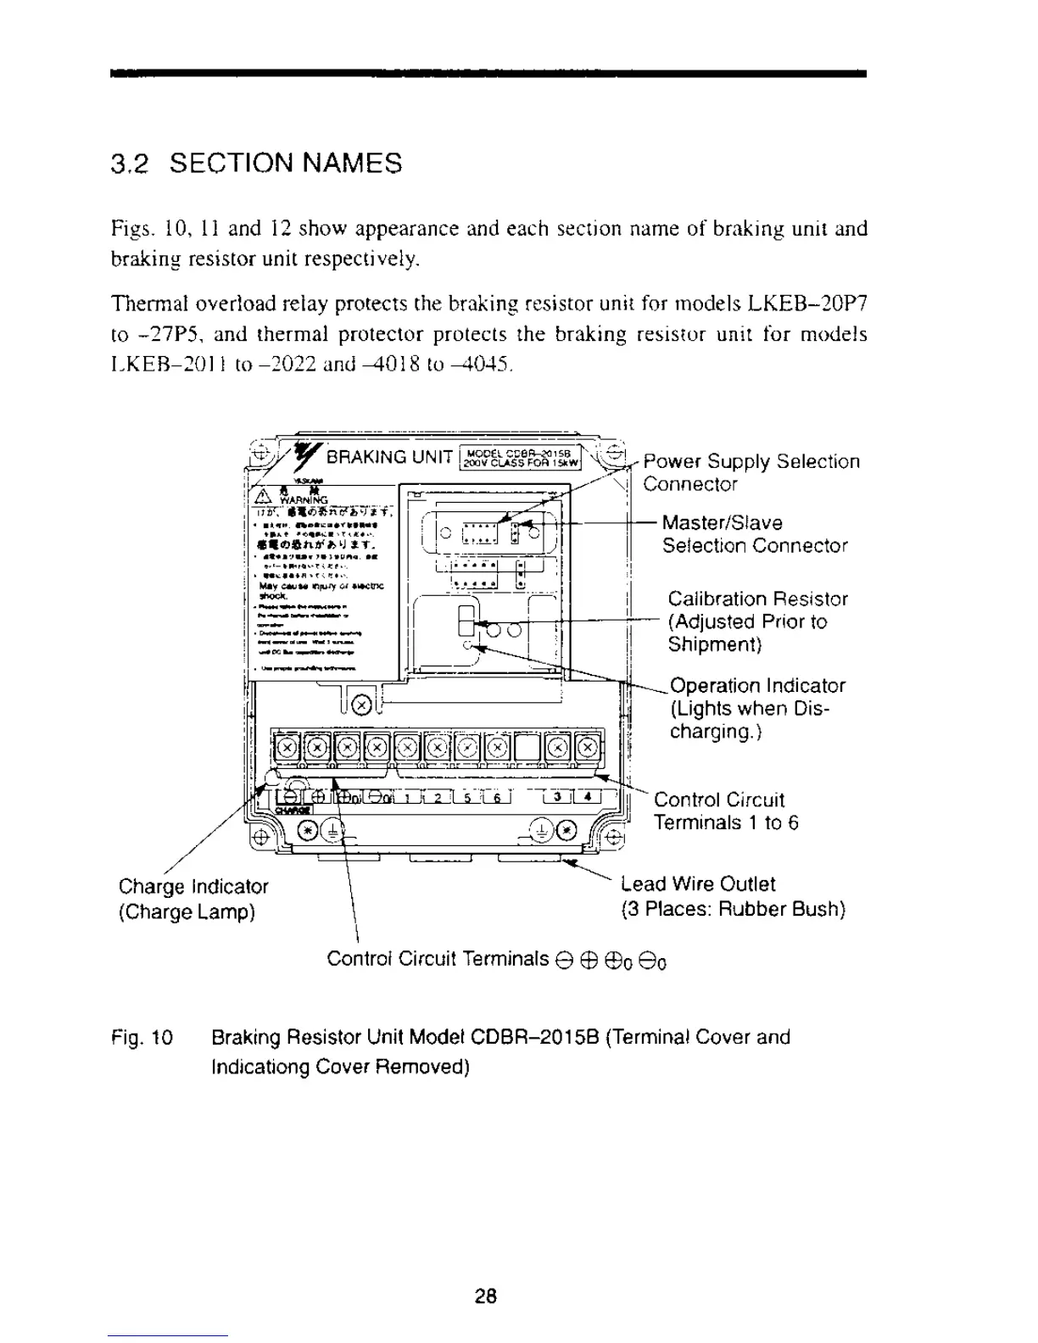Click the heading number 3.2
click(x=131, y=163)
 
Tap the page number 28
click(x=486, y=1296)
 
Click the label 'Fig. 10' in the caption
click(x=142, y=1037)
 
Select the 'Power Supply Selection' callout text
click(x=751, y=461)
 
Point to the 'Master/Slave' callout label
click(x=722, y=522)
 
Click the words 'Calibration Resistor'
click(x=757, y=599)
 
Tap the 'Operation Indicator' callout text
click(x=757, y=685)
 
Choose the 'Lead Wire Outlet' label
click(x=698, y=883)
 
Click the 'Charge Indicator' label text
click(x=193, y=886)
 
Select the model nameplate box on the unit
click(x=518, y=457)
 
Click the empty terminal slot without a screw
click(x=527, y=747)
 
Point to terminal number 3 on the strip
click(x=556, y=796)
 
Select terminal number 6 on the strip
click(x=498, y=796)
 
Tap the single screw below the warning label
click(x=360, y=704)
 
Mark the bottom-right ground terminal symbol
click(x=541, y=830)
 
